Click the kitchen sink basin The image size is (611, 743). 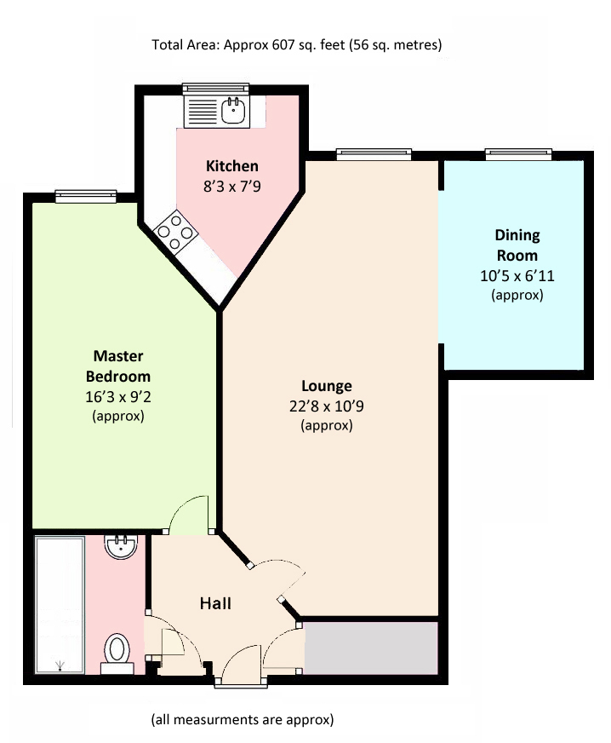pos(232,111)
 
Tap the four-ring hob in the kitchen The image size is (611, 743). pos(175,232)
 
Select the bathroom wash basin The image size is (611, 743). pos(120,547)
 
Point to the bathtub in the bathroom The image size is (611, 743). pos(60,604)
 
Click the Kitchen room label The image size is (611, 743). pos(232,166)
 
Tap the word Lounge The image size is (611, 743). pos(327,386)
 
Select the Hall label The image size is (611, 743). pos(215,603)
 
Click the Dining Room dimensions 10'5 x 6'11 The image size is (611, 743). pos(517,275)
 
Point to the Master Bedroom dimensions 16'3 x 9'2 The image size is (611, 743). pos(117,396)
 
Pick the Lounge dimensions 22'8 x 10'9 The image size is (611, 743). pos(327,406)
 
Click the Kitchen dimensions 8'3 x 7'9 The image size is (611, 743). pos(232,187)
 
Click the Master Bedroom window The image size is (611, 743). pos(86,196)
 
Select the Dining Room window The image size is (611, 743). pos(518,153)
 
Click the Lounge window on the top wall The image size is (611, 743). pos(374,153)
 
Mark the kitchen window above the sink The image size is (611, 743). pos(216,88)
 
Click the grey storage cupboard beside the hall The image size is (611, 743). pos(370,648)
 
